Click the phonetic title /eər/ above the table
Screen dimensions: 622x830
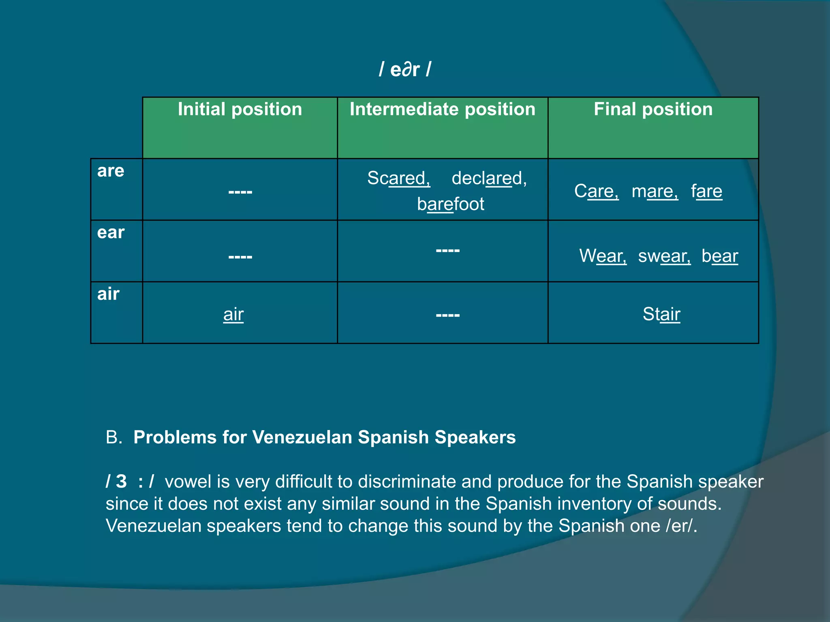coord(405,69)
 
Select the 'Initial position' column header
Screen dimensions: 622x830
coord(240,109)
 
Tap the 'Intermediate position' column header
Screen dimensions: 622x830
coord(443,109)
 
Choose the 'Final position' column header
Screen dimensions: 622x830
coord(653,109)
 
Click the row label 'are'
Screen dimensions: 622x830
coord(111,171)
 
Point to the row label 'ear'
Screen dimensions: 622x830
coord(111,232)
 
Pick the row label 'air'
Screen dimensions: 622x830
coord(108,294)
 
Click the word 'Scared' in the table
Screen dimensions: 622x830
coord(398,178)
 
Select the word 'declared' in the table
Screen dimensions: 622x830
coord(488,178)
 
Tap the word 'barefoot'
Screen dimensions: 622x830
coord(450,204)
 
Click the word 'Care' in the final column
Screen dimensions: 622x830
coord(596,191)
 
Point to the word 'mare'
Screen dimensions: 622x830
coord(654,191)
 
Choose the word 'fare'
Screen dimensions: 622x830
coord(706,191)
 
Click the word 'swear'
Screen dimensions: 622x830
coord(664,256)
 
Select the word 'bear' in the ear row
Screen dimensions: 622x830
coord(720,256)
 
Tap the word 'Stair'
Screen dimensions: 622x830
coord(661,314)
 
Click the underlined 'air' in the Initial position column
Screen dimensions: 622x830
coord(233,314)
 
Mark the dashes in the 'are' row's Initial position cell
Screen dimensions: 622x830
coord(240,192)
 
